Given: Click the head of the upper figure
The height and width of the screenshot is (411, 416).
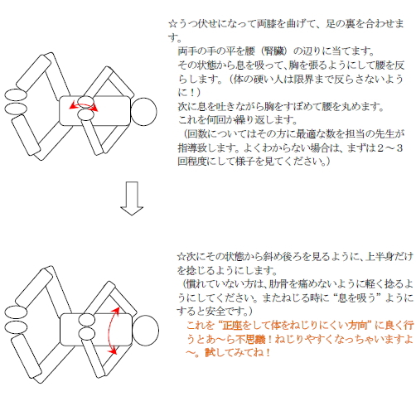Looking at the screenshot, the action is (143, 112).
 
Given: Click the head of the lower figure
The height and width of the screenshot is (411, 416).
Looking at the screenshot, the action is (145, 331).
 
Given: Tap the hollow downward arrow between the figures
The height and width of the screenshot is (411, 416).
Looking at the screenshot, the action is (132, 198).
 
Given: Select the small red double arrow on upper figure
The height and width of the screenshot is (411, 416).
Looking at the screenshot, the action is (84, 105).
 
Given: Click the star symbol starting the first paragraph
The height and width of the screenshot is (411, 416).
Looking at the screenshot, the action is (173, 24).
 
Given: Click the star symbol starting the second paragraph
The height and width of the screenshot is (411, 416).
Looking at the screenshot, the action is (181, 257).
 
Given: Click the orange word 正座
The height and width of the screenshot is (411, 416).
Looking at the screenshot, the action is (232, 326).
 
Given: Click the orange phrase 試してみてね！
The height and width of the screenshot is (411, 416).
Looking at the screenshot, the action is (238, 353).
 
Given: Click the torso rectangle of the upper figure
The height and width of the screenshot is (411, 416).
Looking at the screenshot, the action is (94, 110).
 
